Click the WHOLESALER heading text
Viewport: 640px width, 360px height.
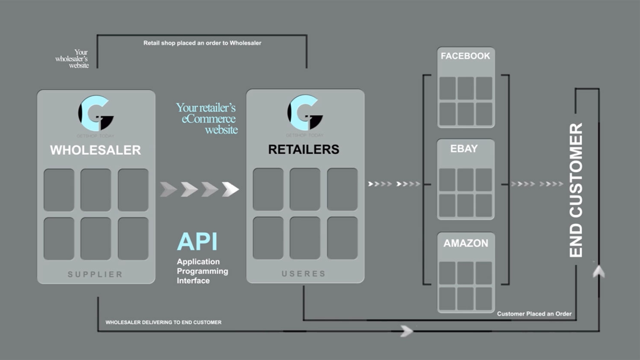click(x=96, y=150)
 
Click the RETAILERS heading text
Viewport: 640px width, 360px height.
click(x=303, y=149)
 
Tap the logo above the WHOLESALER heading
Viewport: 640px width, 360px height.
click(x=96, y=114)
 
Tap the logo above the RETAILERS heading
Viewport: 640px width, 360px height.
click(x=305, y=113)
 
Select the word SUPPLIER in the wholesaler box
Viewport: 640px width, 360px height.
click(x=95, y=274)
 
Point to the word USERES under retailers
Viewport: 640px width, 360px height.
click(x=303, y=274)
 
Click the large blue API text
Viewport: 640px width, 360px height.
click(x=197, y=242)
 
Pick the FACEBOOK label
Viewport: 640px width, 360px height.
click(x=465, y=56)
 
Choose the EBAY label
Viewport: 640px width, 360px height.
click(x=464, y=149)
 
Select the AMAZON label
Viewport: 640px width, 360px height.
click(x=466, y=243)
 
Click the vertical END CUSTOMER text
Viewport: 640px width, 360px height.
click(x=576, y=190)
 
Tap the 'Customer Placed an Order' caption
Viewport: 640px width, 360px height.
click(x=534, y=314)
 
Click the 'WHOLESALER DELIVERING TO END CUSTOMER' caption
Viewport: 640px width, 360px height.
click(x=164, y=322)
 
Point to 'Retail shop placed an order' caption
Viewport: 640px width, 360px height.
click(x=202, y=43)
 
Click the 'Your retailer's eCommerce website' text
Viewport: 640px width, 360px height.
click(x=207, y=118)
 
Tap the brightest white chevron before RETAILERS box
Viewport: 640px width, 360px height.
click(x=230, y=189)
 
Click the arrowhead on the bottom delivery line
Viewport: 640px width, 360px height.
click(x=407, y=331)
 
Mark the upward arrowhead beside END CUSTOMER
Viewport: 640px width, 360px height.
click(x=599, y=272)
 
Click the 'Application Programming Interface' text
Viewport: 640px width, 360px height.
click(x=202, y=271)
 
